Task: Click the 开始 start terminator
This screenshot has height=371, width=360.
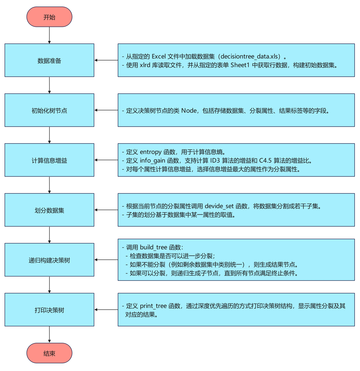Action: point(49,17)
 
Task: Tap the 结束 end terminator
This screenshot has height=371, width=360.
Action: point(49,353)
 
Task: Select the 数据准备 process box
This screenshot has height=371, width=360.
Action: point(49,60)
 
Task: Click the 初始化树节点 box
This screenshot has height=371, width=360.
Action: point(49,110)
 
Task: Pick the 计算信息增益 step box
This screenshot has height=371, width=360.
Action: point(49,160)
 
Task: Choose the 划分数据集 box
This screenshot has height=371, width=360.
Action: point(49,210)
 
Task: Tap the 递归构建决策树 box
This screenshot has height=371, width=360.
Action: point(49,260)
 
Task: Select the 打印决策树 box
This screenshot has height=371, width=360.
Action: point(49,310)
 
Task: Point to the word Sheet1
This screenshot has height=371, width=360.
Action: point(241,65)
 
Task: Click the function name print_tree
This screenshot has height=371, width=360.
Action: point(153,306)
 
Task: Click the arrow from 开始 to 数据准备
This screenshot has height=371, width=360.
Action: point(49,35)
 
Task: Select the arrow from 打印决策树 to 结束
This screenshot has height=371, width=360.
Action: point(49,335)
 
